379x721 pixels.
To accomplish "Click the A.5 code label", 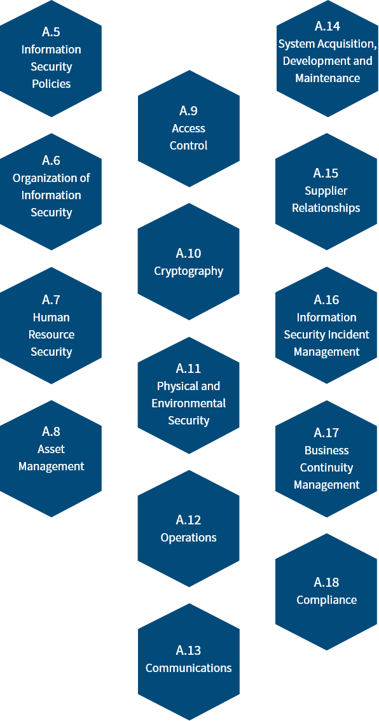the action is tap(51, 32).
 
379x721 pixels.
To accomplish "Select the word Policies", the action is tap(51, 84).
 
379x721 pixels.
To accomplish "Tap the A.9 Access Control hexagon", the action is tap(189, 129).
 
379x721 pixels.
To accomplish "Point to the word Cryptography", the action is tap(189, 271).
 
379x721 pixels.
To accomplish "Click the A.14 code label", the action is tap(327, 26).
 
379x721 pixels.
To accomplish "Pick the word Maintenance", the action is tap(327, 78).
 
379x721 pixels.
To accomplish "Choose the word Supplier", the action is tap(326, 191).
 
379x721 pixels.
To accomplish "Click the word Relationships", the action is tap(326, 208).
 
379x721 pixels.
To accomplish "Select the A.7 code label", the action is tap(51, 300).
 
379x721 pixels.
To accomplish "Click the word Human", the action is tap(51, 318).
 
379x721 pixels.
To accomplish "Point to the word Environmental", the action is tap(189, 403).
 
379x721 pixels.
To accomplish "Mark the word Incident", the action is tap(352, 335).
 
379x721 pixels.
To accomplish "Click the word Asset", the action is tap(51, 449).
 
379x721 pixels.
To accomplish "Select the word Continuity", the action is tap(327, 468).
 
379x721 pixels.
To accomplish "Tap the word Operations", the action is tap(189, 538).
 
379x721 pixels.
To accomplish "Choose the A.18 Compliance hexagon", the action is tap(327, 592).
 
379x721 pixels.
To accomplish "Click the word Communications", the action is tap(189, 668).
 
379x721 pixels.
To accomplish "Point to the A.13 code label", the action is tap(189, 650).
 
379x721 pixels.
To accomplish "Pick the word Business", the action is tap(327, 450).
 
